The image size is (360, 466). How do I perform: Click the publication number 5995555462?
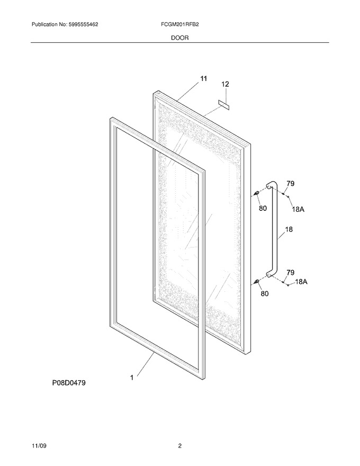(83, 24)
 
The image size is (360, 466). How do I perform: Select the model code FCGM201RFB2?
(179, 24)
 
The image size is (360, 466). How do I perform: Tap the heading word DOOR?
(179, 38)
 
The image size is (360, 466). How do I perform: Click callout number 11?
(203, 79)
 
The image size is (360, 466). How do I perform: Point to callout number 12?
(226, 84)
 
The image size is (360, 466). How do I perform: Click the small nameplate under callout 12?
(224, 105)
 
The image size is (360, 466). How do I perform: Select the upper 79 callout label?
(291, 184)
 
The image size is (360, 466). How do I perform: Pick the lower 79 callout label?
(291, 272)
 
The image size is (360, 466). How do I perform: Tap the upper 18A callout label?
(298, 210)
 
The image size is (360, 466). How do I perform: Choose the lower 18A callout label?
(301, 281)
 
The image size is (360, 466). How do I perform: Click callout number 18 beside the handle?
(289, 229)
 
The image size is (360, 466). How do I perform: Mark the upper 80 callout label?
(263, 208)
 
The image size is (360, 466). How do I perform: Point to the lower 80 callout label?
(265, 293)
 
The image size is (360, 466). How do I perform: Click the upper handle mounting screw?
(256, 194)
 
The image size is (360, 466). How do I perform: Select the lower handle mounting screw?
(256, 281)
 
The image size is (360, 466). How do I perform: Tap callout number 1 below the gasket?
(132, 378)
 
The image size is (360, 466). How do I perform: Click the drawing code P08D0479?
(69, 383)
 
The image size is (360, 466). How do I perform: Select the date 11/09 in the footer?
(39, 446)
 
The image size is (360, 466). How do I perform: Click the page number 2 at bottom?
(179, 446)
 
